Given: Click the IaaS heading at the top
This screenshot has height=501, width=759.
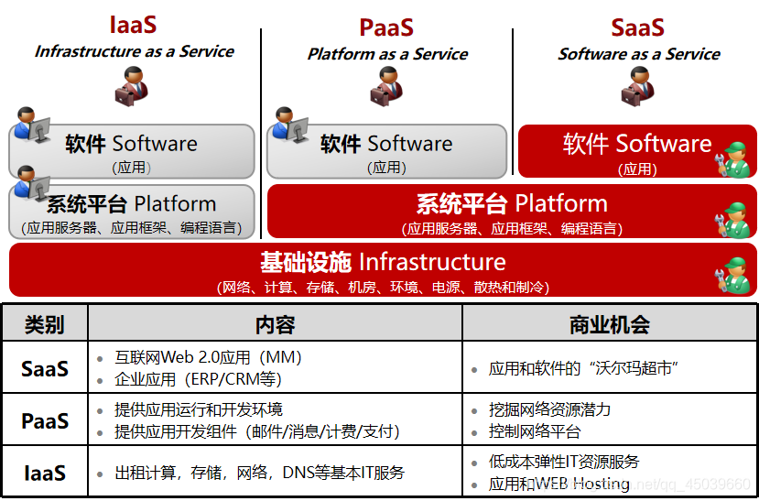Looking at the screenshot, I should click(133, 26).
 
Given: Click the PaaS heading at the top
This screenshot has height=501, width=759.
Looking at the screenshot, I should click(386, 27).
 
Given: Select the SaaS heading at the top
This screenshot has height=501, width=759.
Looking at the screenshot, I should click(637, 27).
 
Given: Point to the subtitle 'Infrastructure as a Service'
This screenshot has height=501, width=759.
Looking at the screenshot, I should click(135, 51).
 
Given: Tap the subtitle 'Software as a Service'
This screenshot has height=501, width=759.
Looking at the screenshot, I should click(639, 54).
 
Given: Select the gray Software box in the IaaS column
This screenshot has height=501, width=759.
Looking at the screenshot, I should click(133, 151).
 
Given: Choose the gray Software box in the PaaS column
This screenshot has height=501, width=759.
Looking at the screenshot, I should click(386, 151).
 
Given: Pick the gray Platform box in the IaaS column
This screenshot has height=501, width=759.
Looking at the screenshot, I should click(133, 212).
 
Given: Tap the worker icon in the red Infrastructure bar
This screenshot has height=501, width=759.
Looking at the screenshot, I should click(734, 274).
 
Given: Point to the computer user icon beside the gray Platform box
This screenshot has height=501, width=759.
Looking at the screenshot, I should click(30, 186).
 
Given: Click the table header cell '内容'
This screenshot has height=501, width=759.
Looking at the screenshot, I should click(275, 324).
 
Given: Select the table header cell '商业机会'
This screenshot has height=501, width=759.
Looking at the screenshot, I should click(610, 324).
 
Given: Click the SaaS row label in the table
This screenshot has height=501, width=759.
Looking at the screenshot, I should click(45, 368).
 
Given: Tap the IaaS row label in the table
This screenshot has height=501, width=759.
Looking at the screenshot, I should click(45, 473).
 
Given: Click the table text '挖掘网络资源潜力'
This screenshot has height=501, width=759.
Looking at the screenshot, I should click(549, 409).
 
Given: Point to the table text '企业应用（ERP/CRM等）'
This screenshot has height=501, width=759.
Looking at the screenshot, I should click(198, 378).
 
